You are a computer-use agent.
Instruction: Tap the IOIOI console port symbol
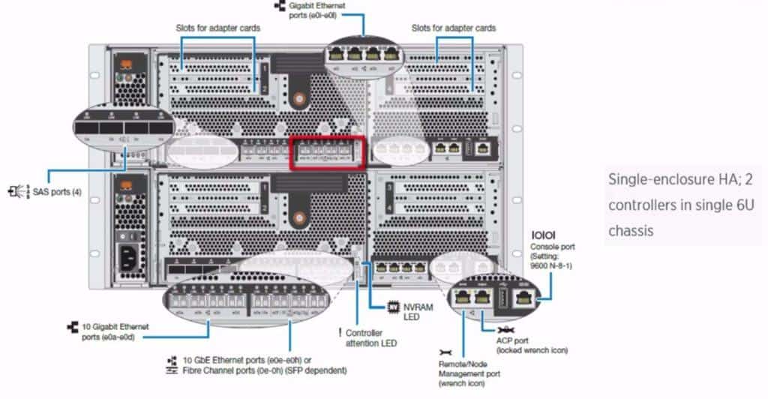(x=542, y=235)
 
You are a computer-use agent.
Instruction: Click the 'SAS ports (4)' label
(x=57, y=192)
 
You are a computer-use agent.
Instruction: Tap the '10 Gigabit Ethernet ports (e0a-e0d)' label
(x=112, y=331)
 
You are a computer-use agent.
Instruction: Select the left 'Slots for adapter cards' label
(x=218, y=28)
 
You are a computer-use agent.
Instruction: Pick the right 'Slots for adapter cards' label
(x=454, y=28)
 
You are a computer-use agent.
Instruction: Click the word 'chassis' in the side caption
(x=631, y=230)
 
